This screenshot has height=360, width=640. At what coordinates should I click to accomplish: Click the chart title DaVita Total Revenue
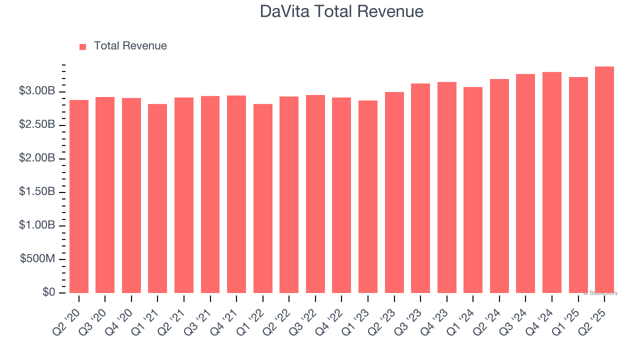[341, 11]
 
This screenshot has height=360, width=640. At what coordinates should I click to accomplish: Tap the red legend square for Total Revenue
[83, 46]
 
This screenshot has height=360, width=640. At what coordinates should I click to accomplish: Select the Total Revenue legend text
[130, 46]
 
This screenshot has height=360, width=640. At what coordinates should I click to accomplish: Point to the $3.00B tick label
[37, 91]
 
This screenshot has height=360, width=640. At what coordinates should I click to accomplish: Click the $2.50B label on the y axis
[37, 125]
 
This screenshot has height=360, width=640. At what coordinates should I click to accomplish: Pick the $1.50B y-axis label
[37, 192]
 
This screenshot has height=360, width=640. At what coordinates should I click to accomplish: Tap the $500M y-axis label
[38, 259]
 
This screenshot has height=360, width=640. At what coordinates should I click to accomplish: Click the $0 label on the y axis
[48, 292]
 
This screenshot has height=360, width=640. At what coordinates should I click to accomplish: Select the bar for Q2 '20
[79, 196]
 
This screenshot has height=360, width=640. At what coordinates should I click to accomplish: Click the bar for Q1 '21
[157, 198]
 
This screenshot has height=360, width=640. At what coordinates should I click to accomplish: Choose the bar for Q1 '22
[262, 198]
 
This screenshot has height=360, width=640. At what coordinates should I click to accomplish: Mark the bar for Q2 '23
[394, 192]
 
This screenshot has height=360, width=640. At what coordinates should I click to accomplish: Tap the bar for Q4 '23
[446, 187]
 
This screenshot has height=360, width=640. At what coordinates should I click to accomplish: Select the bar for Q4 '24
[551, 182]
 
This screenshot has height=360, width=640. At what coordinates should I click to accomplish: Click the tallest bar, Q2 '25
[604, 180]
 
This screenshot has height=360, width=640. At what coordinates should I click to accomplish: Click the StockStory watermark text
[600, 293]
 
